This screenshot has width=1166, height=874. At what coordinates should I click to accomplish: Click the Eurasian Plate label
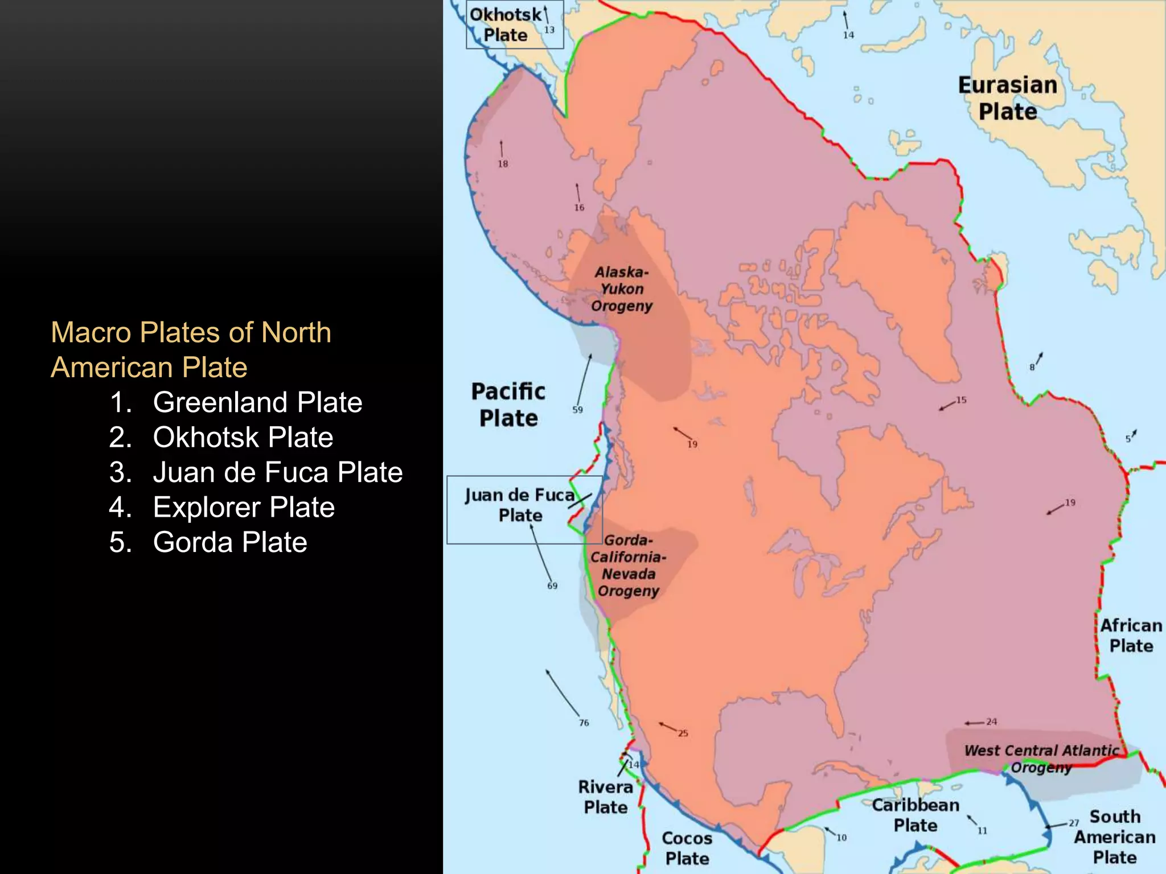pyautogui.click(x=1007, y=98)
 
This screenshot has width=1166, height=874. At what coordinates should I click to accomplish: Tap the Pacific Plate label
pyautogui.click(x=508, y=405)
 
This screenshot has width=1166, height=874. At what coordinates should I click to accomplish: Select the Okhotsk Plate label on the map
pyautogui.click(x=506, y=24)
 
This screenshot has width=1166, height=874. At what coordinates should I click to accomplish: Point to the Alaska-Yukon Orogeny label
pyautogui.click(x=621, y=289)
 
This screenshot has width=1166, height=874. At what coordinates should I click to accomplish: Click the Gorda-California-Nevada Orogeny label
pyautogui.click(x=628, y=565)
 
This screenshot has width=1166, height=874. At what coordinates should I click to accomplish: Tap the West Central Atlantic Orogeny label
pyautogui.click(x=1041, y=758)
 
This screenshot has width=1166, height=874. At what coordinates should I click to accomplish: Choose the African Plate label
pyautogui.click(x=1131, y=636)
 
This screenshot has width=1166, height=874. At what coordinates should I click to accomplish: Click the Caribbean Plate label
pyautogui.click(x=915, y=815)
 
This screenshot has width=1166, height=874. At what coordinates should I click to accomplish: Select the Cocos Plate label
pyautogui.click(x=687, y=848)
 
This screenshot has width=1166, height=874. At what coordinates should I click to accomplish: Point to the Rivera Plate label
pyautogui.click(x=605, y=797)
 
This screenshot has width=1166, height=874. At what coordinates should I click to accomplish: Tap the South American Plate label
pyautogui.click(x=1114, y=836)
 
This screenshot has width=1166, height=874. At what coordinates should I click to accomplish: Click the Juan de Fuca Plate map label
pyautogui.click(x=519, y=505)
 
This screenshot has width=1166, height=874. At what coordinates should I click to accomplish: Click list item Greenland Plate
pyautogui.click(x=257, y=402)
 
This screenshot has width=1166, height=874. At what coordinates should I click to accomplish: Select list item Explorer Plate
pyautogui.click(x=244, y=507)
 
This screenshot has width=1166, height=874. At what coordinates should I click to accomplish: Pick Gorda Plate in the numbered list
pyautogui.click(x=230, y=542)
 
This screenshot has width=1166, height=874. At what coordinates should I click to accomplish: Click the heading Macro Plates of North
pyautogui.click(x=191, y=332)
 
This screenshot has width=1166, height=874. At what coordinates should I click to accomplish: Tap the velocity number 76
pyautogui.click(x=584, y=723)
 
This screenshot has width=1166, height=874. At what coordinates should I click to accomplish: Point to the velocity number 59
pyautogui.click(x=577, y=410)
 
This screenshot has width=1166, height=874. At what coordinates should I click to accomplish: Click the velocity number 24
pyautogui.click(x=991, y=722)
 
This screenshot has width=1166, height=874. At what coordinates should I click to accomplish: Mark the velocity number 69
pyautogui.click(x=552, y=586)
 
